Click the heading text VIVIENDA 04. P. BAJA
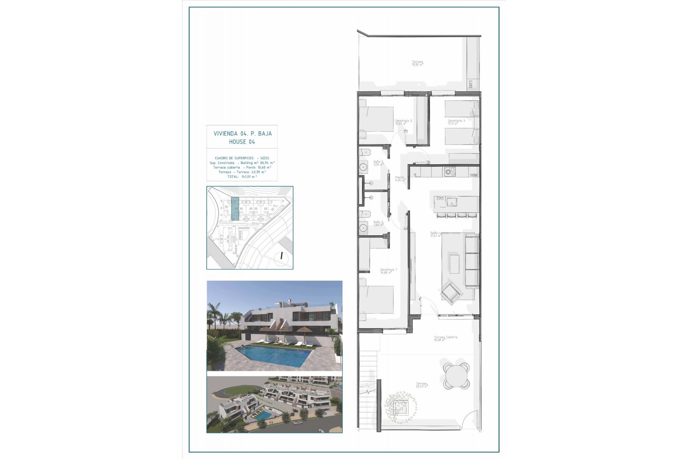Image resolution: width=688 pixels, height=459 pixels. coord(243,133)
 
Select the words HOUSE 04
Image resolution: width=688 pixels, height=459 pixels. coord(242,142)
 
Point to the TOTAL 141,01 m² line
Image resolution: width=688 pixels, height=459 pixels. coord(242,176)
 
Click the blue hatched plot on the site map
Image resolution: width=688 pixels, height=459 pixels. coord(235,208)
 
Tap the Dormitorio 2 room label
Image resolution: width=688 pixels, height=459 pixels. coord(403,122)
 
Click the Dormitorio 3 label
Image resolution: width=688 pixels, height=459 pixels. coord(456,122)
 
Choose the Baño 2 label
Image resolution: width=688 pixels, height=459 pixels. coord(378,223)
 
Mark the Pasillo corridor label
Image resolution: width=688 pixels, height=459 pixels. coord(400,178)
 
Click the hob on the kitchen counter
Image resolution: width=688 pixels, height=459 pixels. coord(449,171)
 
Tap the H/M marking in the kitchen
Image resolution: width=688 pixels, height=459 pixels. coord(474,175)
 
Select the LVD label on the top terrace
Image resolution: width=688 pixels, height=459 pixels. coord(470,85)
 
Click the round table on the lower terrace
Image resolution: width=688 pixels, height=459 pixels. coord(456,376)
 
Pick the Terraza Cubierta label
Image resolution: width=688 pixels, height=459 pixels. coord(445,338)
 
